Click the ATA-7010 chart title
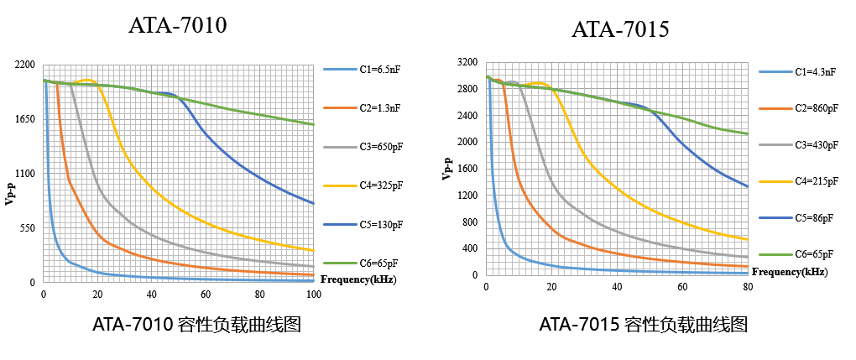[x=177, y=26]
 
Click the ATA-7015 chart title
[x=620, y=30]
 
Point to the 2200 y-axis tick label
[x=25, y=65]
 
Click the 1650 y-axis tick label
[x=25, y=119]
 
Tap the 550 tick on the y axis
[x=28, y=228]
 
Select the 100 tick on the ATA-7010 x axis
[x=313, y=295]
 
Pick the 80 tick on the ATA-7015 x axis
[x=748, y=288]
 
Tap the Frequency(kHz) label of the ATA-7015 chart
[x=789, y=272]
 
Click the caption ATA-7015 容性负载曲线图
[x=643, y=325]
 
